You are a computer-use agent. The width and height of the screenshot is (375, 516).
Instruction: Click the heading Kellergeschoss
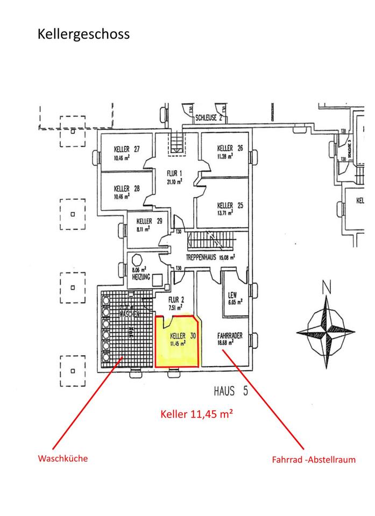pos(83,34)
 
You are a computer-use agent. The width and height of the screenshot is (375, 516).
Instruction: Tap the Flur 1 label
pos(174,173)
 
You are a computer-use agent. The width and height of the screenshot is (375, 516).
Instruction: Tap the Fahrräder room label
pos(230,335)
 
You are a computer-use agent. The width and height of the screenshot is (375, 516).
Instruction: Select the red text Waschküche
pos(62,458)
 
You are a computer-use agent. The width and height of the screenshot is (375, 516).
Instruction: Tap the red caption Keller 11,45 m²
pos(196,414)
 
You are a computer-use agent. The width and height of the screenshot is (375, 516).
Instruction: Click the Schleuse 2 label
pos(209,116)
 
